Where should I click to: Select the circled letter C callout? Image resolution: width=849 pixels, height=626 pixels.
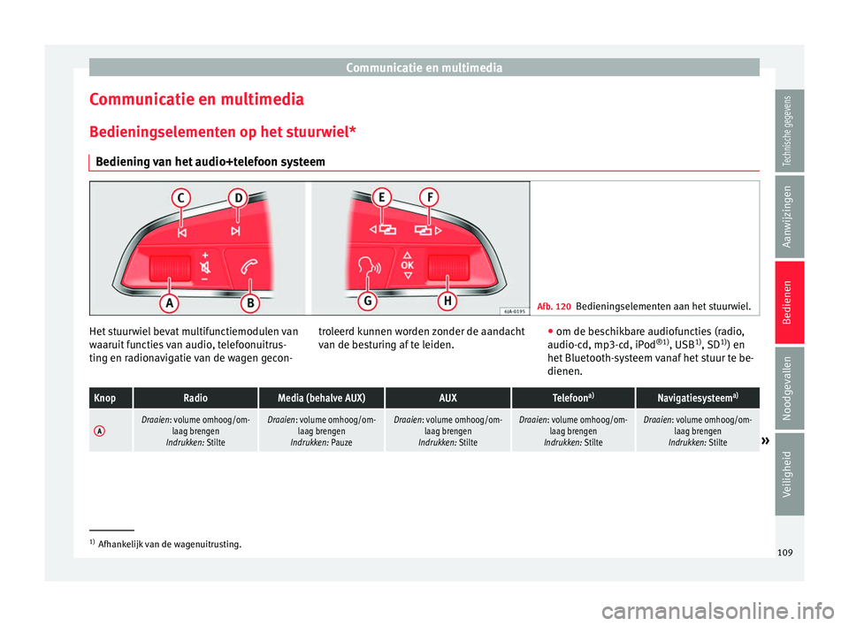pyautogui.click(x=180, y=200)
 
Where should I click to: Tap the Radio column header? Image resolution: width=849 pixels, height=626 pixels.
pyautogui.click(x=195, y=397)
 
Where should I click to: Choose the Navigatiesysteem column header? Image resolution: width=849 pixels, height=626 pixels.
pyautogui.click(x=697, y=397)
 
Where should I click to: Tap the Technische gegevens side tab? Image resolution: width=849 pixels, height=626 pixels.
pyautogui.click(x=792, y=132)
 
